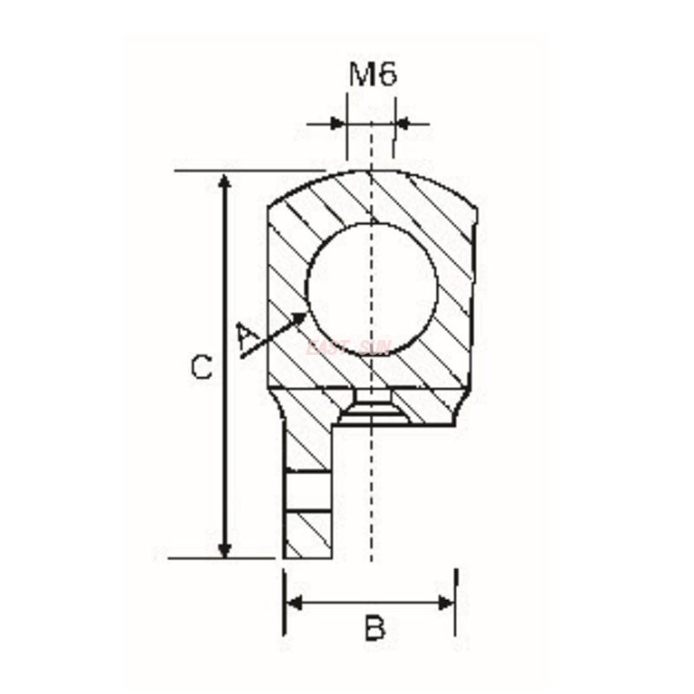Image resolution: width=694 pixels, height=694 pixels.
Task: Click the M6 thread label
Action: [x=373, y=75]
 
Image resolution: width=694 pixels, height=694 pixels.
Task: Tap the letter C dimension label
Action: [x=200, y=368]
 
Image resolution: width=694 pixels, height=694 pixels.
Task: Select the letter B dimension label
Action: [x=374, y=627]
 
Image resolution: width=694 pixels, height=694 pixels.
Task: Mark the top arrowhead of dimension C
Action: [x=225, y=180]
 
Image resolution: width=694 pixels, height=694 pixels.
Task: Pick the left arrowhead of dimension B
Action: [x=293, y=603]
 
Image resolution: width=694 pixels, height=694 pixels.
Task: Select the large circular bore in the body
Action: [x=372, y=285]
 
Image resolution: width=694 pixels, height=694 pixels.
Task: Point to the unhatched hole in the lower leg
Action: [x=307, y=492]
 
